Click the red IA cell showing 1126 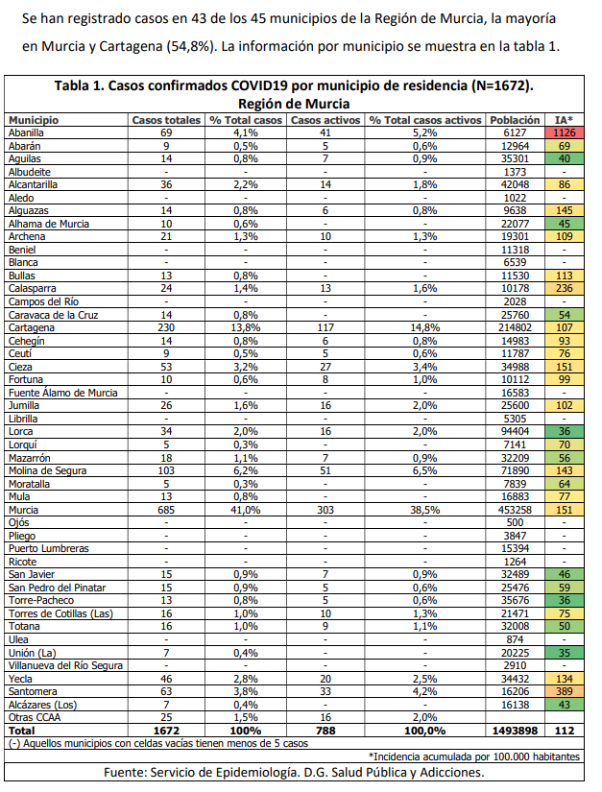[565, 132]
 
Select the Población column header [515, 120]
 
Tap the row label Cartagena [32, 327]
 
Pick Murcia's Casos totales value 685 [166, 510]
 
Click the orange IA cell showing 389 [565, 691]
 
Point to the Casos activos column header [325, 120]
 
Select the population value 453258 [515, 510]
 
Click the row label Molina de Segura [47, 470]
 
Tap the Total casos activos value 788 [325, 731]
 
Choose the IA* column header [565, 120]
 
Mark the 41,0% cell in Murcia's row [246, 510]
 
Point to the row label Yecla [20, 679]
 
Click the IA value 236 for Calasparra [565, 288]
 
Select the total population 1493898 [515, 731]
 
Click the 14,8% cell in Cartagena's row [424, 327]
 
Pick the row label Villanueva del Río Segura [65, 665]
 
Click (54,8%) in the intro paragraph [191, 46]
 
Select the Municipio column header [34, 120]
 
